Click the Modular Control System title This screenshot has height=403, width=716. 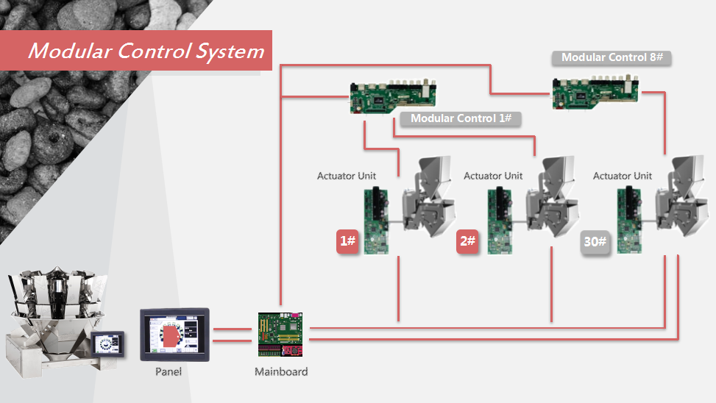click(146, 51)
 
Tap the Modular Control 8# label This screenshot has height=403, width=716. click(612, 57)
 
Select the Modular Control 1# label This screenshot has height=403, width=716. click(461, 118)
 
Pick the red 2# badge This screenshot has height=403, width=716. click(467, 241)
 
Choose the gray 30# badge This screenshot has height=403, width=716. click(596, 242)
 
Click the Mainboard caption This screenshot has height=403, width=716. click(281, 371)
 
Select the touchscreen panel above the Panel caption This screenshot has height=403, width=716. click(174, 334)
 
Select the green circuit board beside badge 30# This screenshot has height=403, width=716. click(630, 221)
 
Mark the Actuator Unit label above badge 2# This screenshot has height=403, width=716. click(493, 176)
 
